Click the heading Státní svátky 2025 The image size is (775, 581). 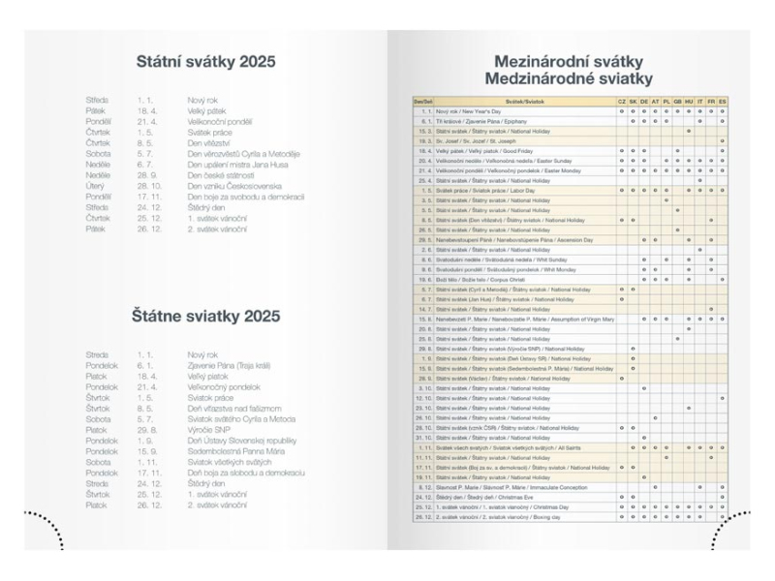[x=205, y=62]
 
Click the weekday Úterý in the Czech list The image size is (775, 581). [x=97, y=185]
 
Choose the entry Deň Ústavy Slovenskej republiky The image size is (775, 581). [x=242, y=441]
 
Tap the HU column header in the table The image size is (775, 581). [x=689, y=101]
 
